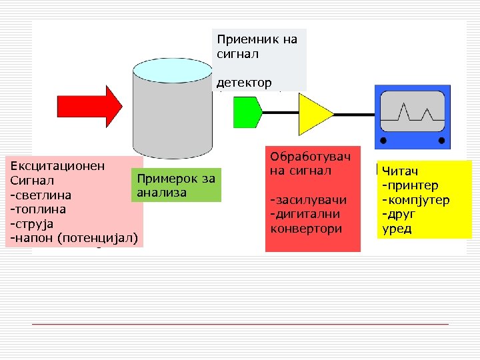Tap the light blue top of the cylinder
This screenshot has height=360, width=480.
coord(173,69)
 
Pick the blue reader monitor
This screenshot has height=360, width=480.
coord(411,117)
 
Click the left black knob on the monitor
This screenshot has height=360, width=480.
coord(383,141)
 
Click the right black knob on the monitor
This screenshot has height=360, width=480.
coord(441,141)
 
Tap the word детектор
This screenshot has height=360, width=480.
coord(244,83)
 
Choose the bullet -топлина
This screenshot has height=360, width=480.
coord(37,209)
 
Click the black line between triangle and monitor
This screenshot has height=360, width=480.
coord(353,112)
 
